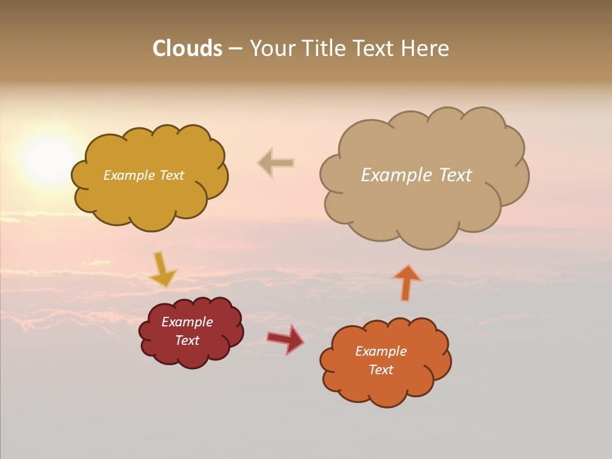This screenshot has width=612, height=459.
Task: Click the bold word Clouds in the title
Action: click(x=187, y=48)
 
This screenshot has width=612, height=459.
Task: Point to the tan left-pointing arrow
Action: click(x=276, y=163)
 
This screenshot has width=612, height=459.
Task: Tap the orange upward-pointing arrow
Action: click(x=407, y=282)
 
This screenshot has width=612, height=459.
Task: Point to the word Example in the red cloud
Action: click(x=187, y=322)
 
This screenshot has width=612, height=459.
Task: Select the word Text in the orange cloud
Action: click(x=381, y=370)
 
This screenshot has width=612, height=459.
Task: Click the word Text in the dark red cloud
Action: click(x=187, y=340)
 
